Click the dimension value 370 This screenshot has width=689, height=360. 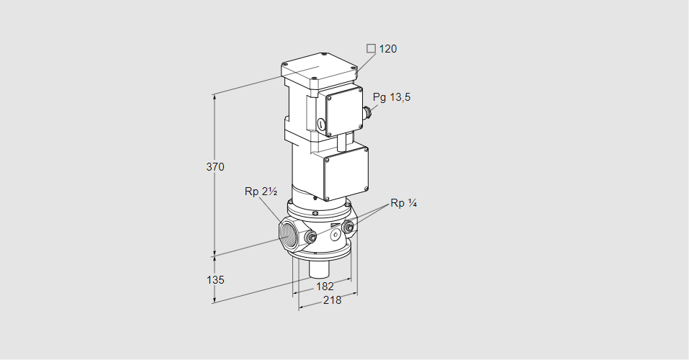pos(215,167)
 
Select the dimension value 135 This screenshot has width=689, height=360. pos(215,280)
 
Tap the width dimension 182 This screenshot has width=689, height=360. pos(324,287)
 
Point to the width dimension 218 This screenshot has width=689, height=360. pos(332,300)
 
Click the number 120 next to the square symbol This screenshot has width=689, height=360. pos(388,49)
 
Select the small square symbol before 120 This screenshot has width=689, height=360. pos(371,49)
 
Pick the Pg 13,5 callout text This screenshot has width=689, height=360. pos(392,97)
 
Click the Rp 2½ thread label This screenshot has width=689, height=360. pos(261,192)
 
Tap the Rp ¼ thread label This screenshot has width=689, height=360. pos(404,203)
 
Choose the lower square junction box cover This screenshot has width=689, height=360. pos(346,173)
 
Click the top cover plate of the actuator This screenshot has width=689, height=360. pos(318,71)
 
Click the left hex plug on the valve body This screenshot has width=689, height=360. pos(311,238)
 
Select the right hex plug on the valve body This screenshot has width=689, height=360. pos(348,229)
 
